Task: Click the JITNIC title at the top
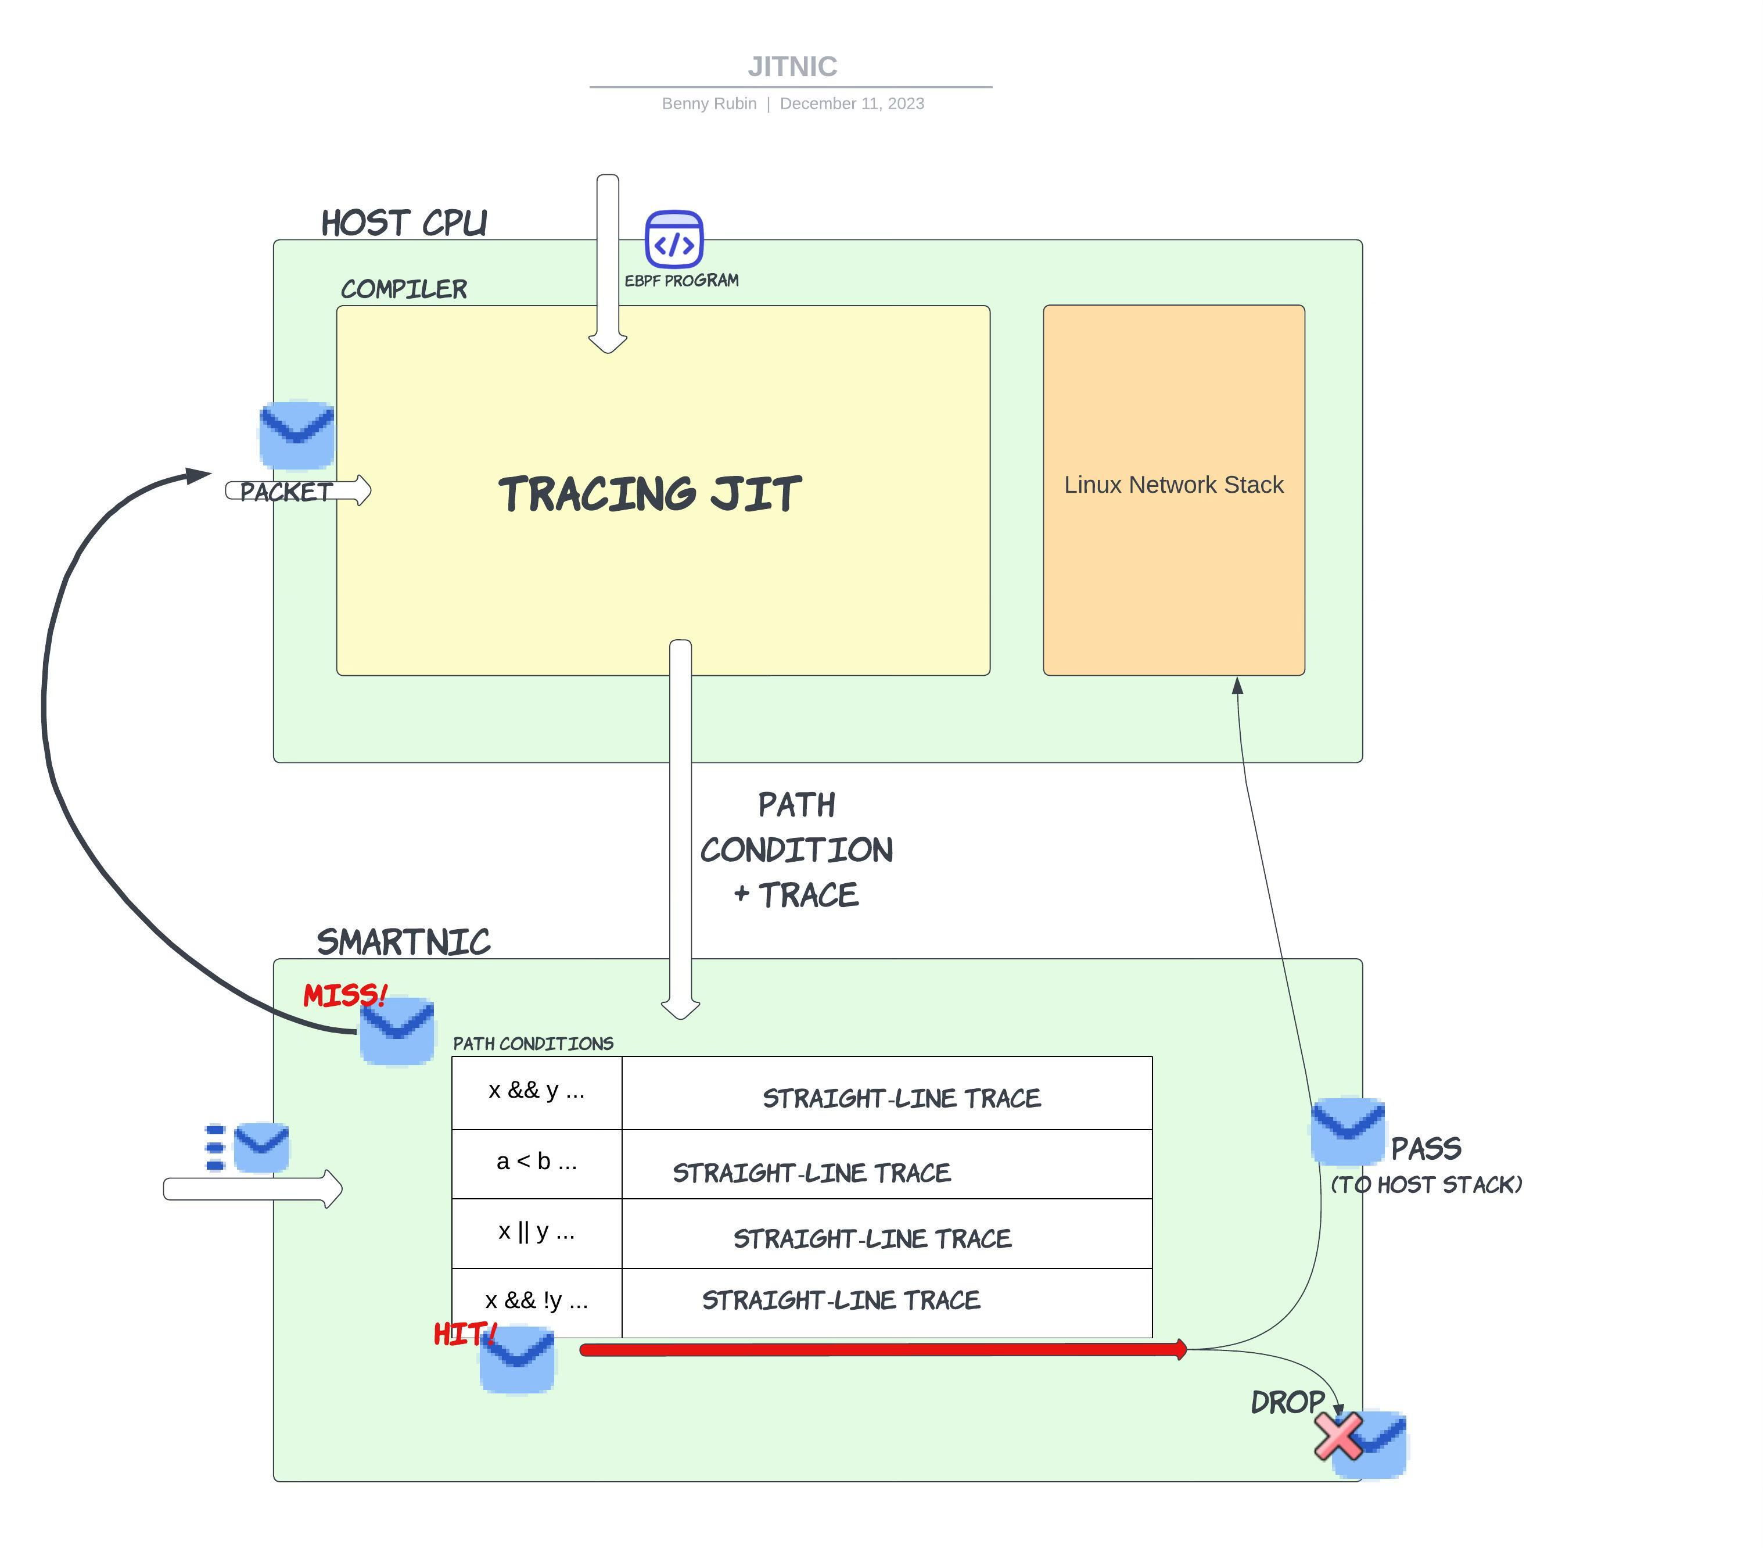point(792,66)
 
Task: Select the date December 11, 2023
point(852,103)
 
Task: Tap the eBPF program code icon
point(674,239)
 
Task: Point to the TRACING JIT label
point(649,494)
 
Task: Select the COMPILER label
point(404,289)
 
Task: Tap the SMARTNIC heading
point(404,941)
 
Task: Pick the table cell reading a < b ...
point(537,1162)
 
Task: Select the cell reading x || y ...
point(537,1231)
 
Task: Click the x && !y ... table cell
point(537,1300)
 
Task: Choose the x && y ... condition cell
point(537,1091)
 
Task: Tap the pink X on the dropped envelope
point(1338,1436)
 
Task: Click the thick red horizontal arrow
point(880,1349)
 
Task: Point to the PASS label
point(1426,1148)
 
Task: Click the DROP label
point(1287,1402)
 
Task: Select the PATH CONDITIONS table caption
point(533,1044)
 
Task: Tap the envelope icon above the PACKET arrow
point(297,434)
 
